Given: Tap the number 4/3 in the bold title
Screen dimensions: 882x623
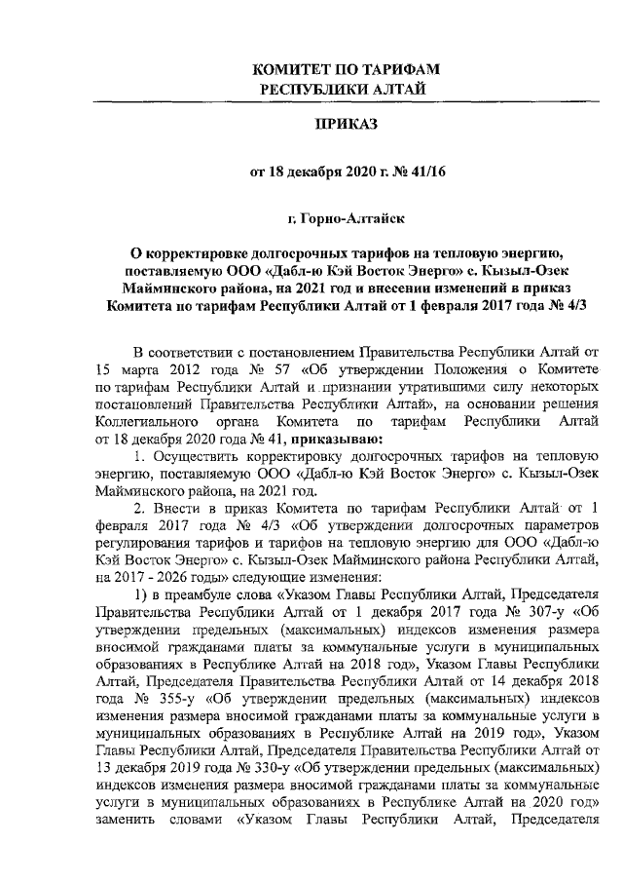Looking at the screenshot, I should pos(573,306).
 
